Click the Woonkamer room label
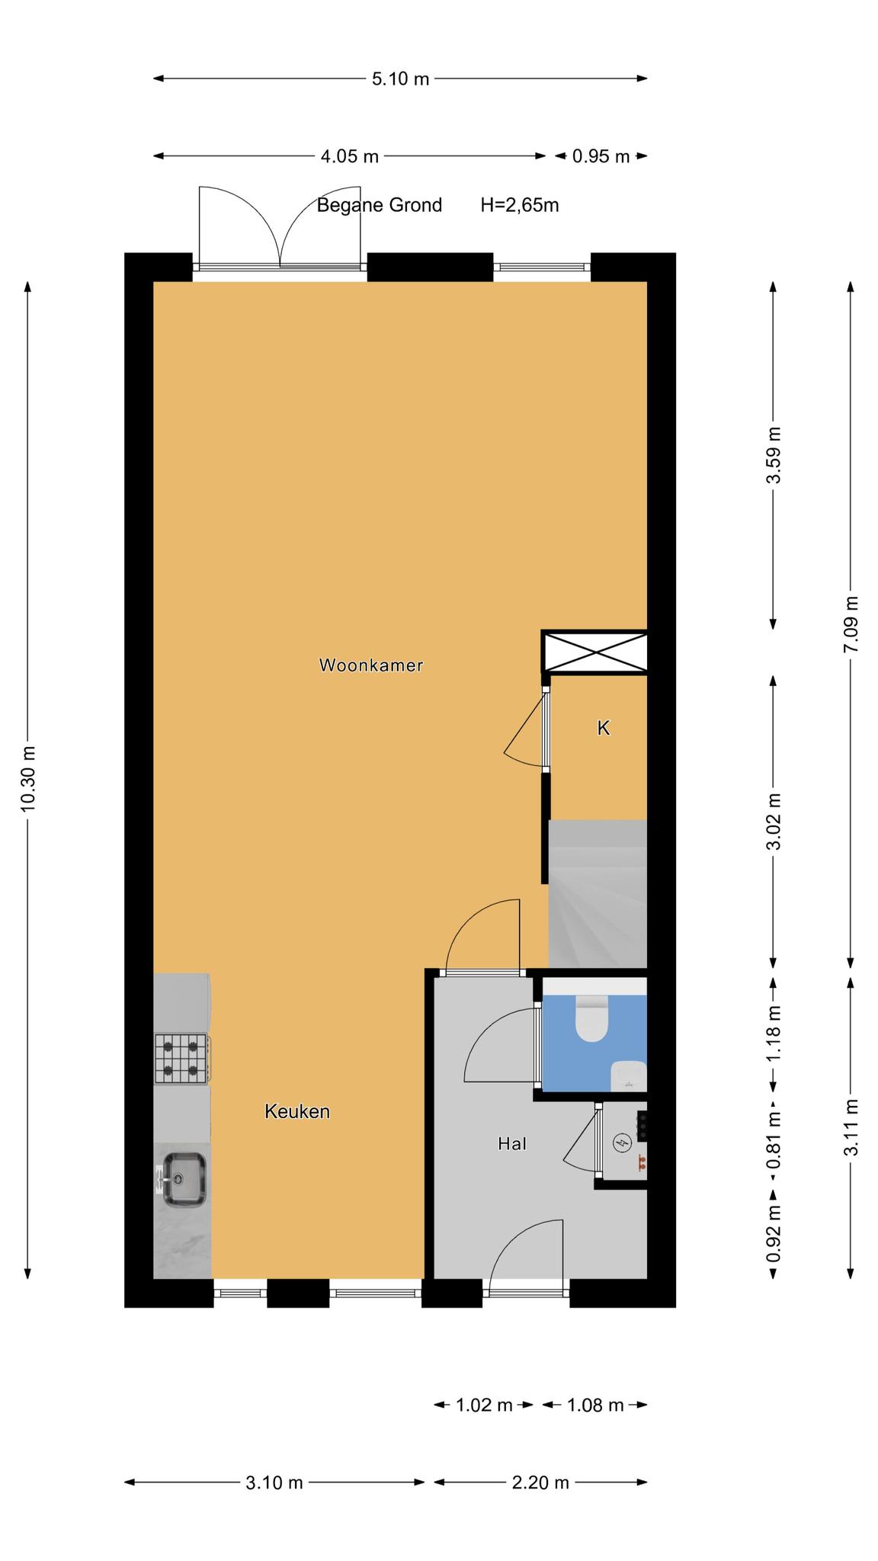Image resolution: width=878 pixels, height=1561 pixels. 370,665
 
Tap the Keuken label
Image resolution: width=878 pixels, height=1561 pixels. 297,1111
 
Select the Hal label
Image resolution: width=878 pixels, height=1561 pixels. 512,1143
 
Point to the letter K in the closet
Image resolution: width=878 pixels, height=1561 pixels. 603,728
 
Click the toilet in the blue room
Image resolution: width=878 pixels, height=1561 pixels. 591,1018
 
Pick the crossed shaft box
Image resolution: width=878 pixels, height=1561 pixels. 594,652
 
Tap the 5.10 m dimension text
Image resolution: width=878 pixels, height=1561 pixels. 400,79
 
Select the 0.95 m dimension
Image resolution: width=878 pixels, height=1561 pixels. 601,156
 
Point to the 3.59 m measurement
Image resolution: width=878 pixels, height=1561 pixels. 774,455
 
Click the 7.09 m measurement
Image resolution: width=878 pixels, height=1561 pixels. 851,623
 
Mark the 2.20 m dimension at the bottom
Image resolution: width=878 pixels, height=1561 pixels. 540,1482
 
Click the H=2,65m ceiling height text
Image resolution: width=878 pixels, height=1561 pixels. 520,205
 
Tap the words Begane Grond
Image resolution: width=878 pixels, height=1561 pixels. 380,205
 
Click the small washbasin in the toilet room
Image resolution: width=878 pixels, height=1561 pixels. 629,1075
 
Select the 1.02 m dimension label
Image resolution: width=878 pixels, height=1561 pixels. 484,1405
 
